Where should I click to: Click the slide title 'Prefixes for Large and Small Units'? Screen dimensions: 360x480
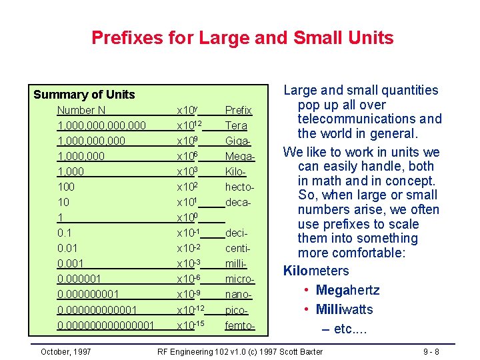[x=242, y=37]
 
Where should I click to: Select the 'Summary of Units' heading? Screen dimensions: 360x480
[x=84, y=95]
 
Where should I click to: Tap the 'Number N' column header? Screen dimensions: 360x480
[x=81, y=110]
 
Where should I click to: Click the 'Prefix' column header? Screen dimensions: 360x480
[x=238, y=110]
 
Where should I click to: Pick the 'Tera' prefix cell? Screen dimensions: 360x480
[x=236, y=125]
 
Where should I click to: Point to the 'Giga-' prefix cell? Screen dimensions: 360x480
[x=238, y=141]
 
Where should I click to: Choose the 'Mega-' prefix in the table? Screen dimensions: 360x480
[x=240, y=156]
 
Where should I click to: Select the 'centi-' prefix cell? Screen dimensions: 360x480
[x=238, y=248]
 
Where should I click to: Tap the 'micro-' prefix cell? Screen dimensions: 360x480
[x=239, y=279]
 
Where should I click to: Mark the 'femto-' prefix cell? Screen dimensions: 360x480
[x=240, y=325]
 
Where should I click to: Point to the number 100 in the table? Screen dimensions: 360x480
[x=66, y=187]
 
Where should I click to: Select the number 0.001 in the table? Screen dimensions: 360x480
[x=71, y=263]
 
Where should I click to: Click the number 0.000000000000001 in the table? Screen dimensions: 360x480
[x=106, y=325]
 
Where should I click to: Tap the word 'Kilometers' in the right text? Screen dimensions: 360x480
[x=316, y=271]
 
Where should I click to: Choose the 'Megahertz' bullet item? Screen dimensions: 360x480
[x=347, y=290]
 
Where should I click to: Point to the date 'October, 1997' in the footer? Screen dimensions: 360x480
[x=66, y=351]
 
